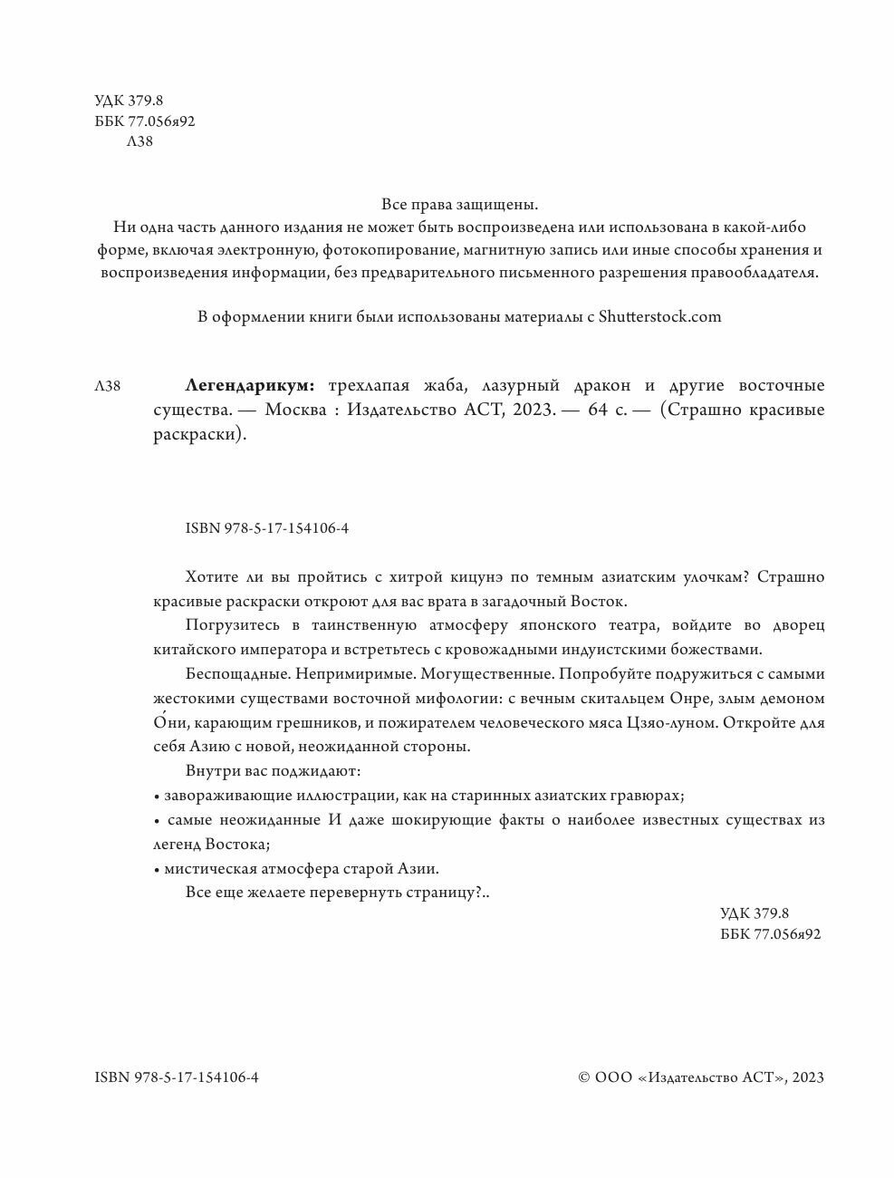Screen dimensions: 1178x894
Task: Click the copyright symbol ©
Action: [584, 1077]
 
